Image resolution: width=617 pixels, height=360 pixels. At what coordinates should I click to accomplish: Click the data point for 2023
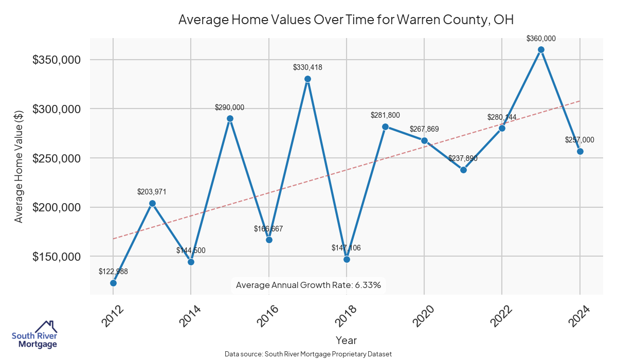541,50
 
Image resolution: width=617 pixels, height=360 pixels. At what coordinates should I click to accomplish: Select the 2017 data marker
307,79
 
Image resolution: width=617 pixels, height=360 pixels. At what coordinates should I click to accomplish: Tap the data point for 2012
113,283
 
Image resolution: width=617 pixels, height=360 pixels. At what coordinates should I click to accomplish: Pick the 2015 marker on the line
230,118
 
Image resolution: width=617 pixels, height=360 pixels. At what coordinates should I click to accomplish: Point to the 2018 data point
347,259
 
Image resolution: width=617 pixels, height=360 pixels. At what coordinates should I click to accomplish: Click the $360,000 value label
541,39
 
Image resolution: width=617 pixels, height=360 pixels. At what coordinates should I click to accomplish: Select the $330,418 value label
307,67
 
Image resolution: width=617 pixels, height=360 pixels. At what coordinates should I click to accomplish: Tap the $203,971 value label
152,192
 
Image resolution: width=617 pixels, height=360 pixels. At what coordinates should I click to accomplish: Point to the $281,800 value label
385,115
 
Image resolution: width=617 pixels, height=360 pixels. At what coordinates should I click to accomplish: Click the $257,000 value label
579,140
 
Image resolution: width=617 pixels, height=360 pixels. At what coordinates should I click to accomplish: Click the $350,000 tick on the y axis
57,60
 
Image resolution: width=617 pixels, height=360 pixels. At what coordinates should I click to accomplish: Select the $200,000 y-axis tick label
57,207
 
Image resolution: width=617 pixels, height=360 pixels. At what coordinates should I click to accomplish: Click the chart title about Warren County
346,20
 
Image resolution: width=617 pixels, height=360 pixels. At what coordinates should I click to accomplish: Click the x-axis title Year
346,340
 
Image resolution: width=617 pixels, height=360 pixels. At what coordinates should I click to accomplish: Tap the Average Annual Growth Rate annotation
308,285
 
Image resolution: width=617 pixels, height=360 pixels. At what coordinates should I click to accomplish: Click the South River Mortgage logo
34,334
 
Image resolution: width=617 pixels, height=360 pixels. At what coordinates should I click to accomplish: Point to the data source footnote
308,354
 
